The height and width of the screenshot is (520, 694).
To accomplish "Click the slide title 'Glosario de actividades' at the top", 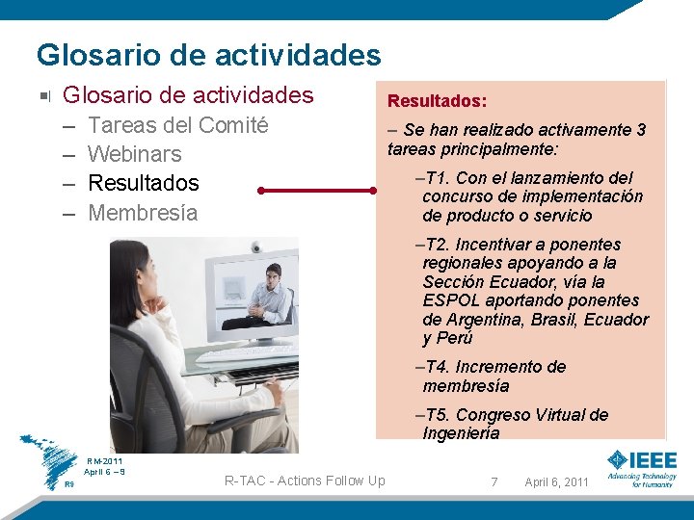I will coord(208,54).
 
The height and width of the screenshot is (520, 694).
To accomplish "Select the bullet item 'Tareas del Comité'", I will coord(177,125).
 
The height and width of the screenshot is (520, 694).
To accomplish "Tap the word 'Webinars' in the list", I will coord(134,154).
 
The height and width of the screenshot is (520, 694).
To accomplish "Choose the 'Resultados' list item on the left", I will coord(143,183).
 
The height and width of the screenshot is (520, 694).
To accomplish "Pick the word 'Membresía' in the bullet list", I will coord(142,213).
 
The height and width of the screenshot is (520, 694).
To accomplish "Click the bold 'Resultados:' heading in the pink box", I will coord(437,100).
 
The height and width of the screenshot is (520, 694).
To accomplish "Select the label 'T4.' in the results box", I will coord(434,367).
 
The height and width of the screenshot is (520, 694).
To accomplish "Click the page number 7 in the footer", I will coord(494,481).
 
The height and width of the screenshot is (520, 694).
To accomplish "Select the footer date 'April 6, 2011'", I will coord(556,481).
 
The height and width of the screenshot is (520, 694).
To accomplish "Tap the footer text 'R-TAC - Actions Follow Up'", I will coord(304,481).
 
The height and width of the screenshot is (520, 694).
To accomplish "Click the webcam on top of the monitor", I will coord(255,247).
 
